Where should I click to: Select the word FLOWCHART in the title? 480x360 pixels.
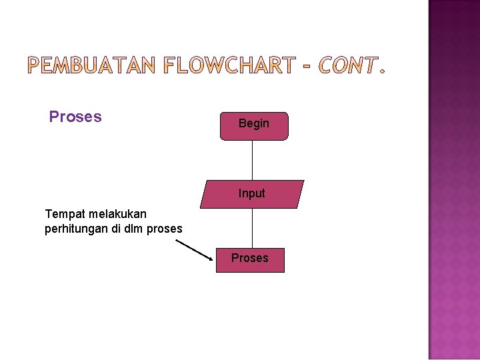(x=229, y=65)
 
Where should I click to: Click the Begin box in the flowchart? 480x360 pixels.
(x=254, y=126)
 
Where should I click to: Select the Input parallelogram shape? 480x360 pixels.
(x=252, y=195)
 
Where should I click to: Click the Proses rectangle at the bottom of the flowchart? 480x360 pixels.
(x=250, y=260)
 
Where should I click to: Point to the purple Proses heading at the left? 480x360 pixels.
(x=75, y=117)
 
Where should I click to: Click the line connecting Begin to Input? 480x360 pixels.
(x=253, y=160)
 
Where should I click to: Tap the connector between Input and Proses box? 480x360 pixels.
(x=253, y=229)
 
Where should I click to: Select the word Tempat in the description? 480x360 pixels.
(x=63, y=214)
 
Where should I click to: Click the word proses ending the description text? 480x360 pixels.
(x=165, y=229)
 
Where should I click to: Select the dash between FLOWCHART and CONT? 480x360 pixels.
(x=305, y=65)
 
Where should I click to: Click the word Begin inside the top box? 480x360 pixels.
(x=254, y=123)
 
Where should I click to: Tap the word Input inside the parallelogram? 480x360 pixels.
(x=252, y=193)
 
